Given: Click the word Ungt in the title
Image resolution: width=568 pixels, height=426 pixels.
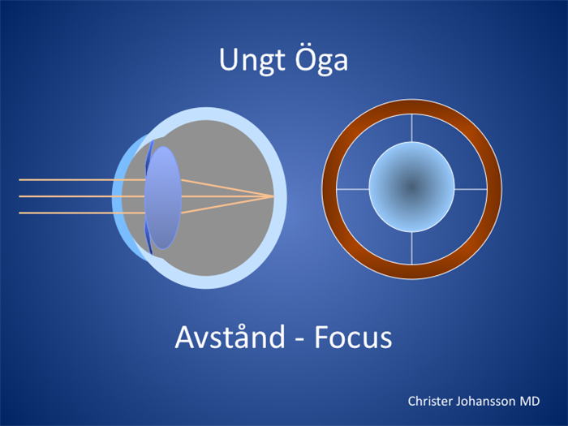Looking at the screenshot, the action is click(x=252, y=61).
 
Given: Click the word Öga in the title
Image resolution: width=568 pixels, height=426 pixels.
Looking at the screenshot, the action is click(x=321, y=59).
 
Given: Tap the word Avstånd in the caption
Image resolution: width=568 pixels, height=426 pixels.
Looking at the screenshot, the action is click(x=230, y=338).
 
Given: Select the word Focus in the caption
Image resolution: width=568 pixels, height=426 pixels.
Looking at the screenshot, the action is click(x=353, y=338).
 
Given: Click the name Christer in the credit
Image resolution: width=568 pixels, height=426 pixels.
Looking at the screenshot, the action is click(x=430, y=402).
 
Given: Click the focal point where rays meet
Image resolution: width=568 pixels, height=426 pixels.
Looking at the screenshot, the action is click(x=273, y=196).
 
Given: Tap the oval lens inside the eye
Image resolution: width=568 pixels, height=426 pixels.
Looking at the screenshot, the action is click(x=163, y=198).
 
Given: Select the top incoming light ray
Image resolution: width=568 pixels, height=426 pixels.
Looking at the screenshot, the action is click(x=82, y=179).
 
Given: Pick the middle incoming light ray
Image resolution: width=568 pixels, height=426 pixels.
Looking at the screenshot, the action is click(x=82, y=196).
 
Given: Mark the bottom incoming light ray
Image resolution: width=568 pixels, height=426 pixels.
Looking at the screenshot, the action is click(x=82, y=213).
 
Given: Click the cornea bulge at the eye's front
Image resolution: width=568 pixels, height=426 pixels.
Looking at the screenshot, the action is click(x=117, y=197).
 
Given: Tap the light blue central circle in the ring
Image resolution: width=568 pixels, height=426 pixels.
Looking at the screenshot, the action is click(x=412, y=187).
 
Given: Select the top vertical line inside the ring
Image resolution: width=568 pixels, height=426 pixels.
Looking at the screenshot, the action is click(x=412, y=128).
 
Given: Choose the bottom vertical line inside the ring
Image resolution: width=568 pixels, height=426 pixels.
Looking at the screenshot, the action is click(x=412, y=248).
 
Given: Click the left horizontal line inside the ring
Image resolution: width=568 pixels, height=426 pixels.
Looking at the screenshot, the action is click(x=353, y=189).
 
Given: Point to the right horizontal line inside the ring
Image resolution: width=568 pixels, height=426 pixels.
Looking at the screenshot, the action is click(x=471, y=189).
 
